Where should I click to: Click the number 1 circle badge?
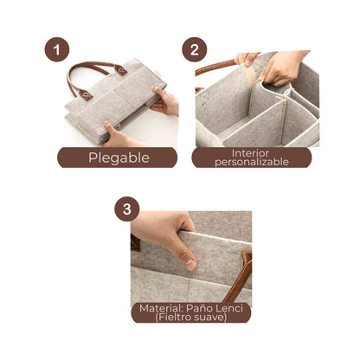point(57,49)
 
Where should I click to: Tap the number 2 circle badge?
point(195,49)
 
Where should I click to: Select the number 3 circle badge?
point(127,209)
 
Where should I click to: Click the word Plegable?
point(119,157)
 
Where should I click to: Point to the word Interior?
point(250,153)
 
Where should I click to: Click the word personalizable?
point(252,162)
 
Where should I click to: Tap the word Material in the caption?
point(161,308)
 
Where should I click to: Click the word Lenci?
point(230,308)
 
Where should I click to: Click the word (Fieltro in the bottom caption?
point(173,318)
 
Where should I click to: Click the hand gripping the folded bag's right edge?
point(164,101)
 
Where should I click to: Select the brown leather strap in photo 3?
point(238,277)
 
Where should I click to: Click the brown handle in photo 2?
point(215,67)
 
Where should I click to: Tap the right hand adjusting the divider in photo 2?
point(283,68)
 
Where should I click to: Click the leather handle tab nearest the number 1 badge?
point(121,69)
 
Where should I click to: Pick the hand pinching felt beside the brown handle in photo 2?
point(247,59)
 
